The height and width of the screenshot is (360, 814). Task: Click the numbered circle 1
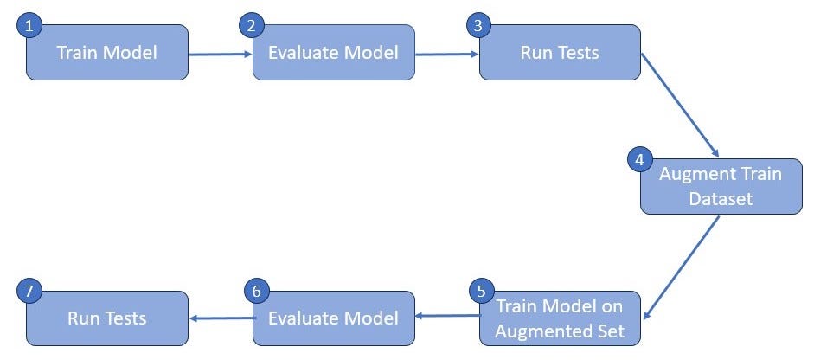coord(29,26)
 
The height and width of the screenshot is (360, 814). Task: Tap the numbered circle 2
coord(251,26)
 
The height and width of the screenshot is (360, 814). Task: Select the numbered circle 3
coord(478,26)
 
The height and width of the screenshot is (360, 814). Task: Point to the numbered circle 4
coord(638,160)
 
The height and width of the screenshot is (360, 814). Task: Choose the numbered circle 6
coord(253,292)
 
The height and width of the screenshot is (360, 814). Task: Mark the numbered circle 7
coord(29,292)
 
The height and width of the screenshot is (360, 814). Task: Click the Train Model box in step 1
coord(107,53)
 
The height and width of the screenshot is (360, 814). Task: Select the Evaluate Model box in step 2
coord(333,53)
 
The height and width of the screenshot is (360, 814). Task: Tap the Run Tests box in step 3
coord(560,53)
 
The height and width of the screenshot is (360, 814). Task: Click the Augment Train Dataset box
coord(721,186)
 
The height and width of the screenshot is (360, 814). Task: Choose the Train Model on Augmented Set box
coord(560,318)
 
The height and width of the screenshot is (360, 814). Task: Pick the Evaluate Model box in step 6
coord(333,318)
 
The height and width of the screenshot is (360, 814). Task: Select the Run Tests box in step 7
coord(107,318)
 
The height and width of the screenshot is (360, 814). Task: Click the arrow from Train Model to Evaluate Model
coord(220,54)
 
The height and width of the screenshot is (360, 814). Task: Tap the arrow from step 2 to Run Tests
coord(446,54)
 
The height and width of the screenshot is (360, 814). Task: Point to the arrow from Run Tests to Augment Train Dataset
coord(680,104)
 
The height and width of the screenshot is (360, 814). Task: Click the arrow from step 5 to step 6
coord(446,317)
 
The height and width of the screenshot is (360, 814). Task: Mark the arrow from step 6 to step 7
coord(220,318)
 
